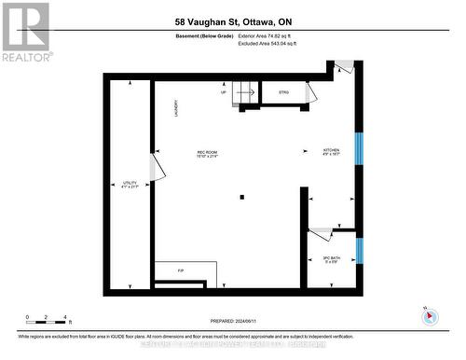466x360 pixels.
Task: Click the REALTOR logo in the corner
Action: pyautogui.click(x=25, y=31)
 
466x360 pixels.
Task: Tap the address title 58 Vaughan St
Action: pyautogui.click(x=232, y=21)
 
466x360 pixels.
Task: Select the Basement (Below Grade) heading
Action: pyautogui.click(x=206, y=37)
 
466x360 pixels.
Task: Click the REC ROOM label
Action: pyautogui.click(x=207, y=154)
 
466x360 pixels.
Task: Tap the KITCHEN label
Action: pyautogui.click(x=332, y=151)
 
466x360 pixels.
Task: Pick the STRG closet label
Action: pyautogui.click(x=283, y=92)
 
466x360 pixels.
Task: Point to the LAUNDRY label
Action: pyautogui.click(x=174, y=109)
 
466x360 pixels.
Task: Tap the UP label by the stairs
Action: pyautogui.click(x=224, y=92)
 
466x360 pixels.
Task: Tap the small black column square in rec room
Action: pyautogui.click(x=241, y=196)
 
